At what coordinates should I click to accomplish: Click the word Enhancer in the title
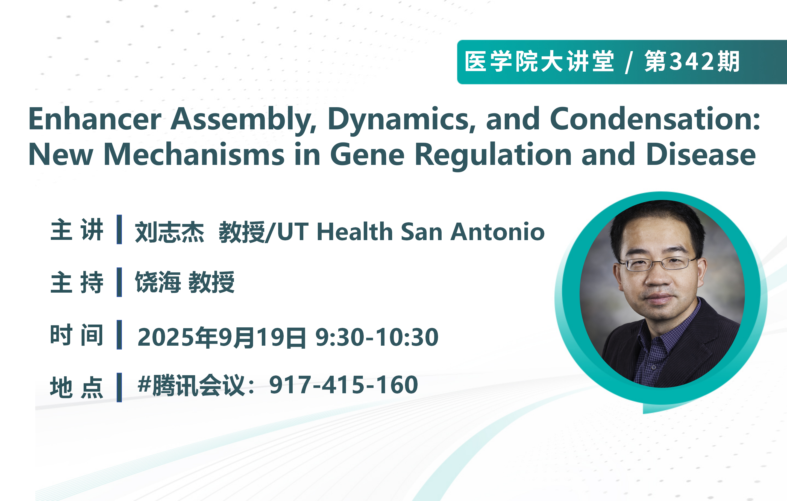[x=95, y=119]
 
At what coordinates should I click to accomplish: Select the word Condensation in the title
[x=655, y=119]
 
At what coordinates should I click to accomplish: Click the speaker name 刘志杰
[x=170, y=232]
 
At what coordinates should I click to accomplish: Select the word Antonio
[x=497, y=232]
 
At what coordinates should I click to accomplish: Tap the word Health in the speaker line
[x=355, y=232]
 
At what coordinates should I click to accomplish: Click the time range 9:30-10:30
[x=377, y=337]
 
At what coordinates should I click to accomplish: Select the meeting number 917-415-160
[x=343, y=385]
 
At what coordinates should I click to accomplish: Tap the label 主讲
[x=77, y=230]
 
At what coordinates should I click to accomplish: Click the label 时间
[x=77, y=335]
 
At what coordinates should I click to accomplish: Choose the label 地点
[x=77, y=388]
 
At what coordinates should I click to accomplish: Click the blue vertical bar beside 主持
[x=119, y=282]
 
